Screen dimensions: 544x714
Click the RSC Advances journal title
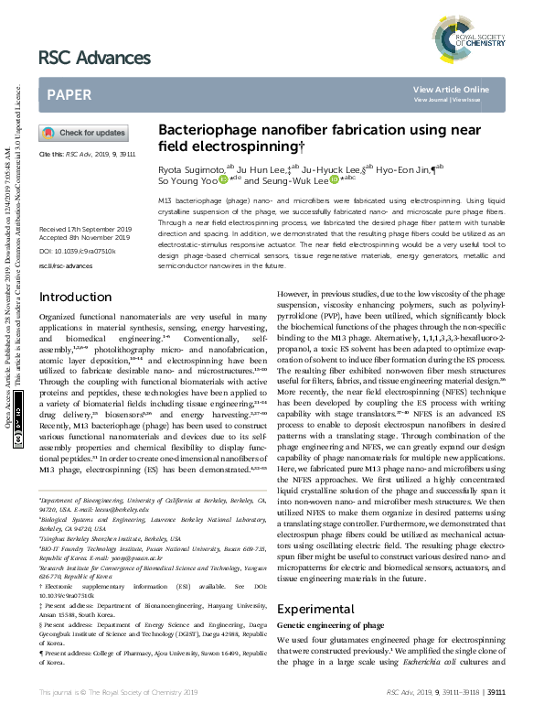(x=94, y=59)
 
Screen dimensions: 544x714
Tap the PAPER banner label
(x=69, y=95)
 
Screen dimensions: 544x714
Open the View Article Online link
(x=451, y=89)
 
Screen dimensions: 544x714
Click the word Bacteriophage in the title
(x=204, y=131)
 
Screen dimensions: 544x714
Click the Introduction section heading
(x=76, y=272)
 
